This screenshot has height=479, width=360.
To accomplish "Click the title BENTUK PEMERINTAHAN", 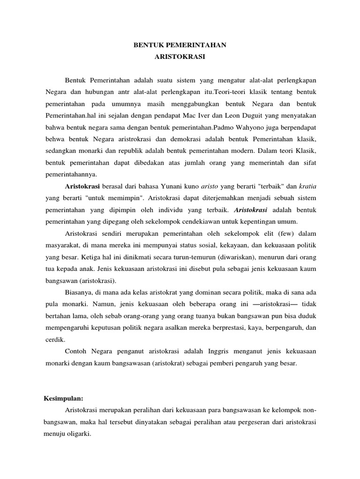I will pyautogui.click(x=180, y=45).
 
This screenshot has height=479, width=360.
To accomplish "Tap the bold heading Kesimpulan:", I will pyautogui.click(x=63, y=399).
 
